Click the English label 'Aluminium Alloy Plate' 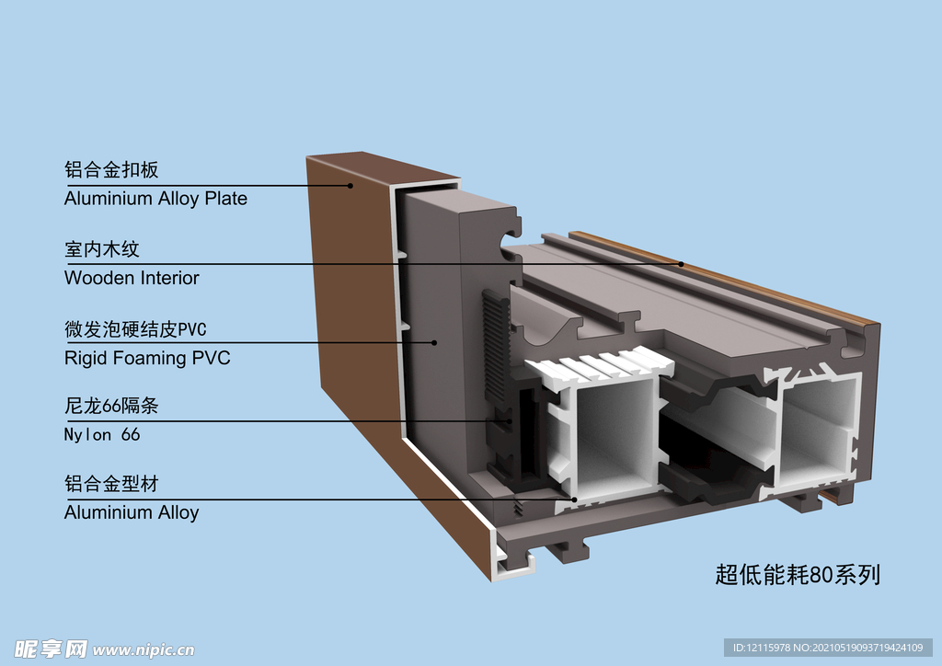tap(155, 199)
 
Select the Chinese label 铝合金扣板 tap(111, 170)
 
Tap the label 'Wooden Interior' tap(132, 278)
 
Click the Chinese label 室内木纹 tap(102, 249)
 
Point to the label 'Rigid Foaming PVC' tap(147, 358)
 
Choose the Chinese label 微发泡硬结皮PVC tap(135, 329)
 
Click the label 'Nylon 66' tap(102, 434)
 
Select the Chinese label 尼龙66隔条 tap(111, 407)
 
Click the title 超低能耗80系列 tap(798, 575)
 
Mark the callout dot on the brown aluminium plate tap(350, 185)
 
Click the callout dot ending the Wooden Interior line tap(682, 264)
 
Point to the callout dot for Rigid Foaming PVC tap(434, 343)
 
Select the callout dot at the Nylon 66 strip tap(511, 421)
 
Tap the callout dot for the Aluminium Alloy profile tap(575, 499)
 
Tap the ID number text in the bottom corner tap(828, 649)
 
